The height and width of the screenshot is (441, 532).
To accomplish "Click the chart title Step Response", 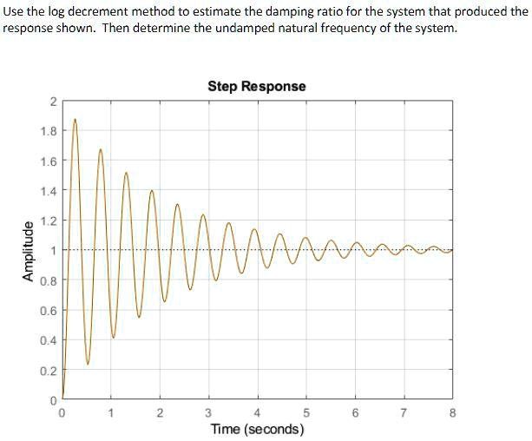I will tap(256, 86).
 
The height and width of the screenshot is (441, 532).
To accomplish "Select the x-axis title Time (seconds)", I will tap(257, 430).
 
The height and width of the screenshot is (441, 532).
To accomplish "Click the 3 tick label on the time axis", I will tap(207, 412).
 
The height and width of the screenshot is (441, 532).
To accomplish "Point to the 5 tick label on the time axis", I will tap(305, 412).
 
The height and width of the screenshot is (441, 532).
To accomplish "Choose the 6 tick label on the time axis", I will tap(354, 412).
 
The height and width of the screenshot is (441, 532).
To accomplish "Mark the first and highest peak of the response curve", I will tap(75, 119).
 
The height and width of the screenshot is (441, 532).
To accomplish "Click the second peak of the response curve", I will tap(101, 149).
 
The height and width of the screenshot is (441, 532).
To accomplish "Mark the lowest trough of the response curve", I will tap(88, 362).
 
